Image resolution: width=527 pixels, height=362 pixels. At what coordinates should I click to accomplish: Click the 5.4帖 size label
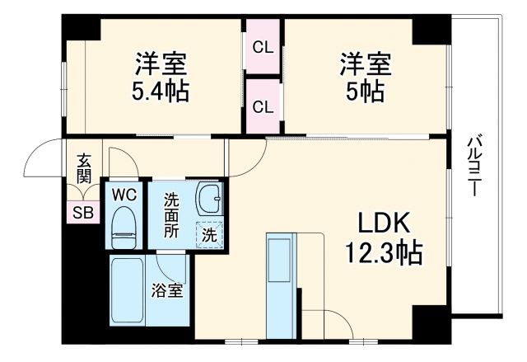pos(161,90)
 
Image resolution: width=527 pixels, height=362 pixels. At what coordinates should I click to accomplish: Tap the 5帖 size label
pos(363,90)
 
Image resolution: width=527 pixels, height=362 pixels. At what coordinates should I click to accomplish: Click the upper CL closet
pos(263,47)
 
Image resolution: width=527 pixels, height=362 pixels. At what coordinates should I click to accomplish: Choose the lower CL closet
pos(263,107)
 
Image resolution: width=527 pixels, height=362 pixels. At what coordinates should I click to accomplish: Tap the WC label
pos(124,195)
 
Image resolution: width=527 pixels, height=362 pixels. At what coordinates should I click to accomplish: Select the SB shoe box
pos(83,211)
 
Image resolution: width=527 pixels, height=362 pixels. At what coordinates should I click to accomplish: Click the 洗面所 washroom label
pos(170,214)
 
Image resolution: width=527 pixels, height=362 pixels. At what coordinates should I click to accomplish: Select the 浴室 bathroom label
pos(167,290)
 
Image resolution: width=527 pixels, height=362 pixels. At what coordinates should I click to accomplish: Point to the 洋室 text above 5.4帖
pos(161,63)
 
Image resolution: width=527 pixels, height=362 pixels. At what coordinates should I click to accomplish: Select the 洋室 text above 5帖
pos(363,63)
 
